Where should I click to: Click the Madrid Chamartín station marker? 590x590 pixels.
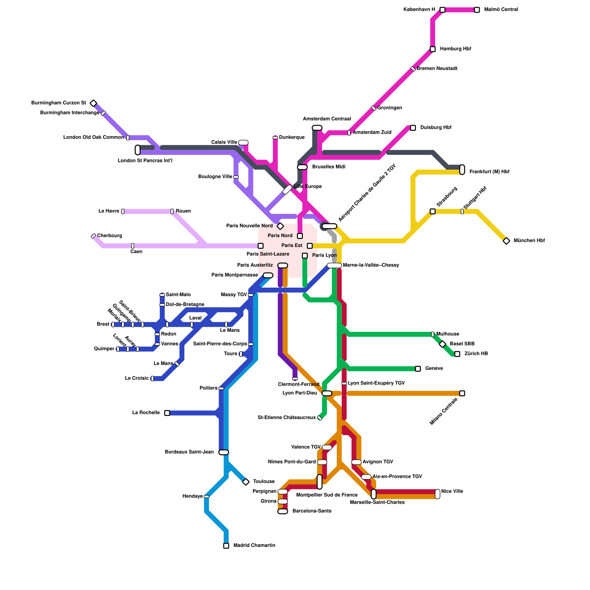click(x=226, y=546)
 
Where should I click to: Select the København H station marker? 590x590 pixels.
click(x=442, y=10)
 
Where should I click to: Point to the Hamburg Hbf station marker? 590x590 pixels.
click(x=433, y=49)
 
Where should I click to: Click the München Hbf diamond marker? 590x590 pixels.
click(x=506, y=241)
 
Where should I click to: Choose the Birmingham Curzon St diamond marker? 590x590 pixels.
click(x=94, y=103)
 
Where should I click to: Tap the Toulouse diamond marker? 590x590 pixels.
click(x=246, y=482)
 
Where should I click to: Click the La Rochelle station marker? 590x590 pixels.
click(x=167, y=413)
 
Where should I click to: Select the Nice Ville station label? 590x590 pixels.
click(x=452, y=491)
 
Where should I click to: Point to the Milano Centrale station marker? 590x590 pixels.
click(x=462, y=393)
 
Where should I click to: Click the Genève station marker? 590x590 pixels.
click(x=418, y=369)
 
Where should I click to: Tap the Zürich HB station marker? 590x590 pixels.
click(x=457, y=354)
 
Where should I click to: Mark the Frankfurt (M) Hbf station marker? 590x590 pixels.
click(x=462, y=170)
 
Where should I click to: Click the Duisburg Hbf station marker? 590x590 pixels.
click(x=413, y=128)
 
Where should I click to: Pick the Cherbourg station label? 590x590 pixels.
click(x=110, y=236)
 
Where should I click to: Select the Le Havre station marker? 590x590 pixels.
click(x=123, y=211)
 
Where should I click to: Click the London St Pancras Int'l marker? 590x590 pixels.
click(x=138, y=150)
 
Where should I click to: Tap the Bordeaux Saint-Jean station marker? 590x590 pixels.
click(x=224, y=452)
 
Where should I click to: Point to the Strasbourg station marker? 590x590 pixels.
click(x=433, y=211)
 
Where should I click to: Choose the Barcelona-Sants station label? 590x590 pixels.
click(x=312, y=511)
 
